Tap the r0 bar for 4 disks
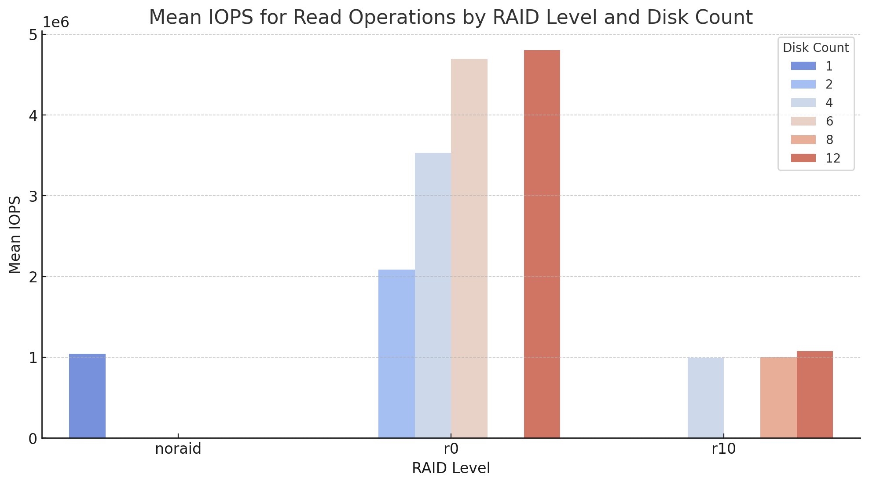[x=433, y=295]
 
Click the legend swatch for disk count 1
[x=803, y=66]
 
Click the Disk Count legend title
[x=816, y=48]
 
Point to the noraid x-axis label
[x=178, y=449]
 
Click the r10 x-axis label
[x=724, y=449]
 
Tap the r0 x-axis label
[x=451, y=449]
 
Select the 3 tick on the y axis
[x=33, y=196]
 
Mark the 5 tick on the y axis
[x=33, y=35]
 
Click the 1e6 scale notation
[x=56, y=22]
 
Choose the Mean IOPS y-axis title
[x=15, y=235]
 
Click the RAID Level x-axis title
[x=451, y=468]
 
